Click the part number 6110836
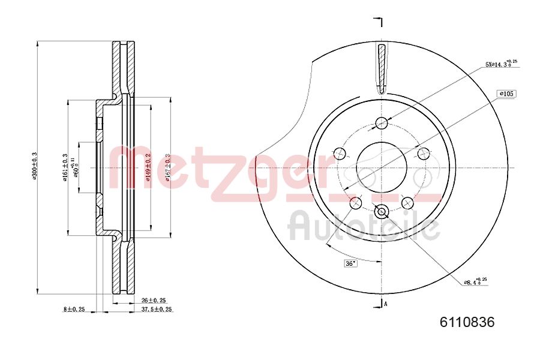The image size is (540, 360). (x=467, y=322)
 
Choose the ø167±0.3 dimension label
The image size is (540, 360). (x=168, y=167)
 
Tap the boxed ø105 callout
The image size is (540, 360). (x=506, y=94)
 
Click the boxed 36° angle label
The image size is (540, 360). (x=350, y=263)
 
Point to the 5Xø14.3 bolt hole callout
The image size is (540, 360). (x=500, y=64)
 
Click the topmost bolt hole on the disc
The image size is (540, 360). (x=382, y=124)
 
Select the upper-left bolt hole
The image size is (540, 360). (x=340, y=153)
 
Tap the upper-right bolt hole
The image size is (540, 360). (x=424, y=153)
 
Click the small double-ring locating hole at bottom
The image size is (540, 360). (x=382, y=211)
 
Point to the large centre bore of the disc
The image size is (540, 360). (x=382, y=167)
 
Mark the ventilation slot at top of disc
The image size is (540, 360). (x=382, y=68)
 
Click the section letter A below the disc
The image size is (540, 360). (x=385, y=304)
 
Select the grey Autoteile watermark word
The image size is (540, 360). (x=364, y=227)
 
